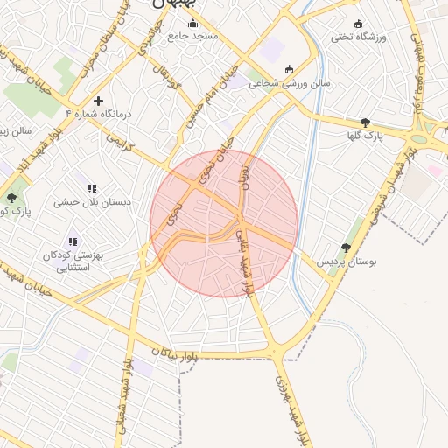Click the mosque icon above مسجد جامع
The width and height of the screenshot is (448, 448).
point(193,23)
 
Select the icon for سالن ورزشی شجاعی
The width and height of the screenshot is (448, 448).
point(290,70)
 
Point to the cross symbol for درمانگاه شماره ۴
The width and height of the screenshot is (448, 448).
point(98,101)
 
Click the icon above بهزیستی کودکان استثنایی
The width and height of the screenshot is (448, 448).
point(73,241)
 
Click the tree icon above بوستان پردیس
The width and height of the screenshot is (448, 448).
point(346,248)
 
